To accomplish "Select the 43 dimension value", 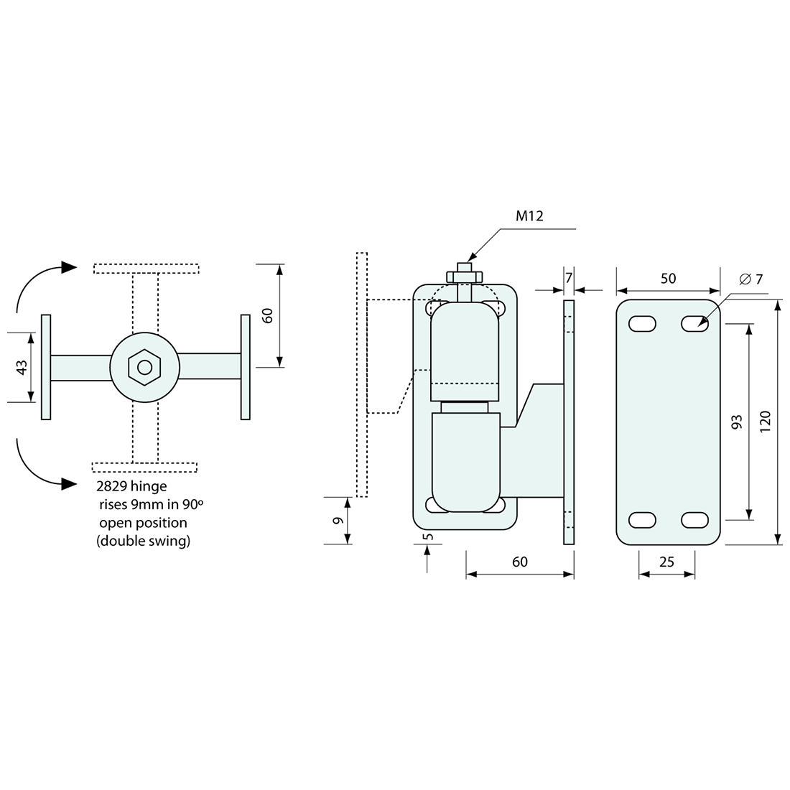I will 22,367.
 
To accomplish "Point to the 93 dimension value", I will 736,422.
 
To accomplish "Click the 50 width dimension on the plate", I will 668,278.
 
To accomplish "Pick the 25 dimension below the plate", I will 666,562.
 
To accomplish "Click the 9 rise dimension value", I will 336,521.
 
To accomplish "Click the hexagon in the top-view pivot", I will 145,367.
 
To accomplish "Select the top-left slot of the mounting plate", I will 642,324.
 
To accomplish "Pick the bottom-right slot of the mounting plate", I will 694,519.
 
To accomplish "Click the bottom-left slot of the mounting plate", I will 642,519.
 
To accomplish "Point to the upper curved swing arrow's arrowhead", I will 69,267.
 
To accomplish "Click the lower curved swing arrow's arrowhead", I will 69,483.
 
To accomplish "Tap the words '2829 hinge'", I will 131,486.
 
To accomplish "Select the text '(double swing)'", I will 144,542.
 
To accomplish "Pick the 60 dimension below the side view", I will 520,562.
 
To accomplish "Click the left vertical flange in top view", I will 46,367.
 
